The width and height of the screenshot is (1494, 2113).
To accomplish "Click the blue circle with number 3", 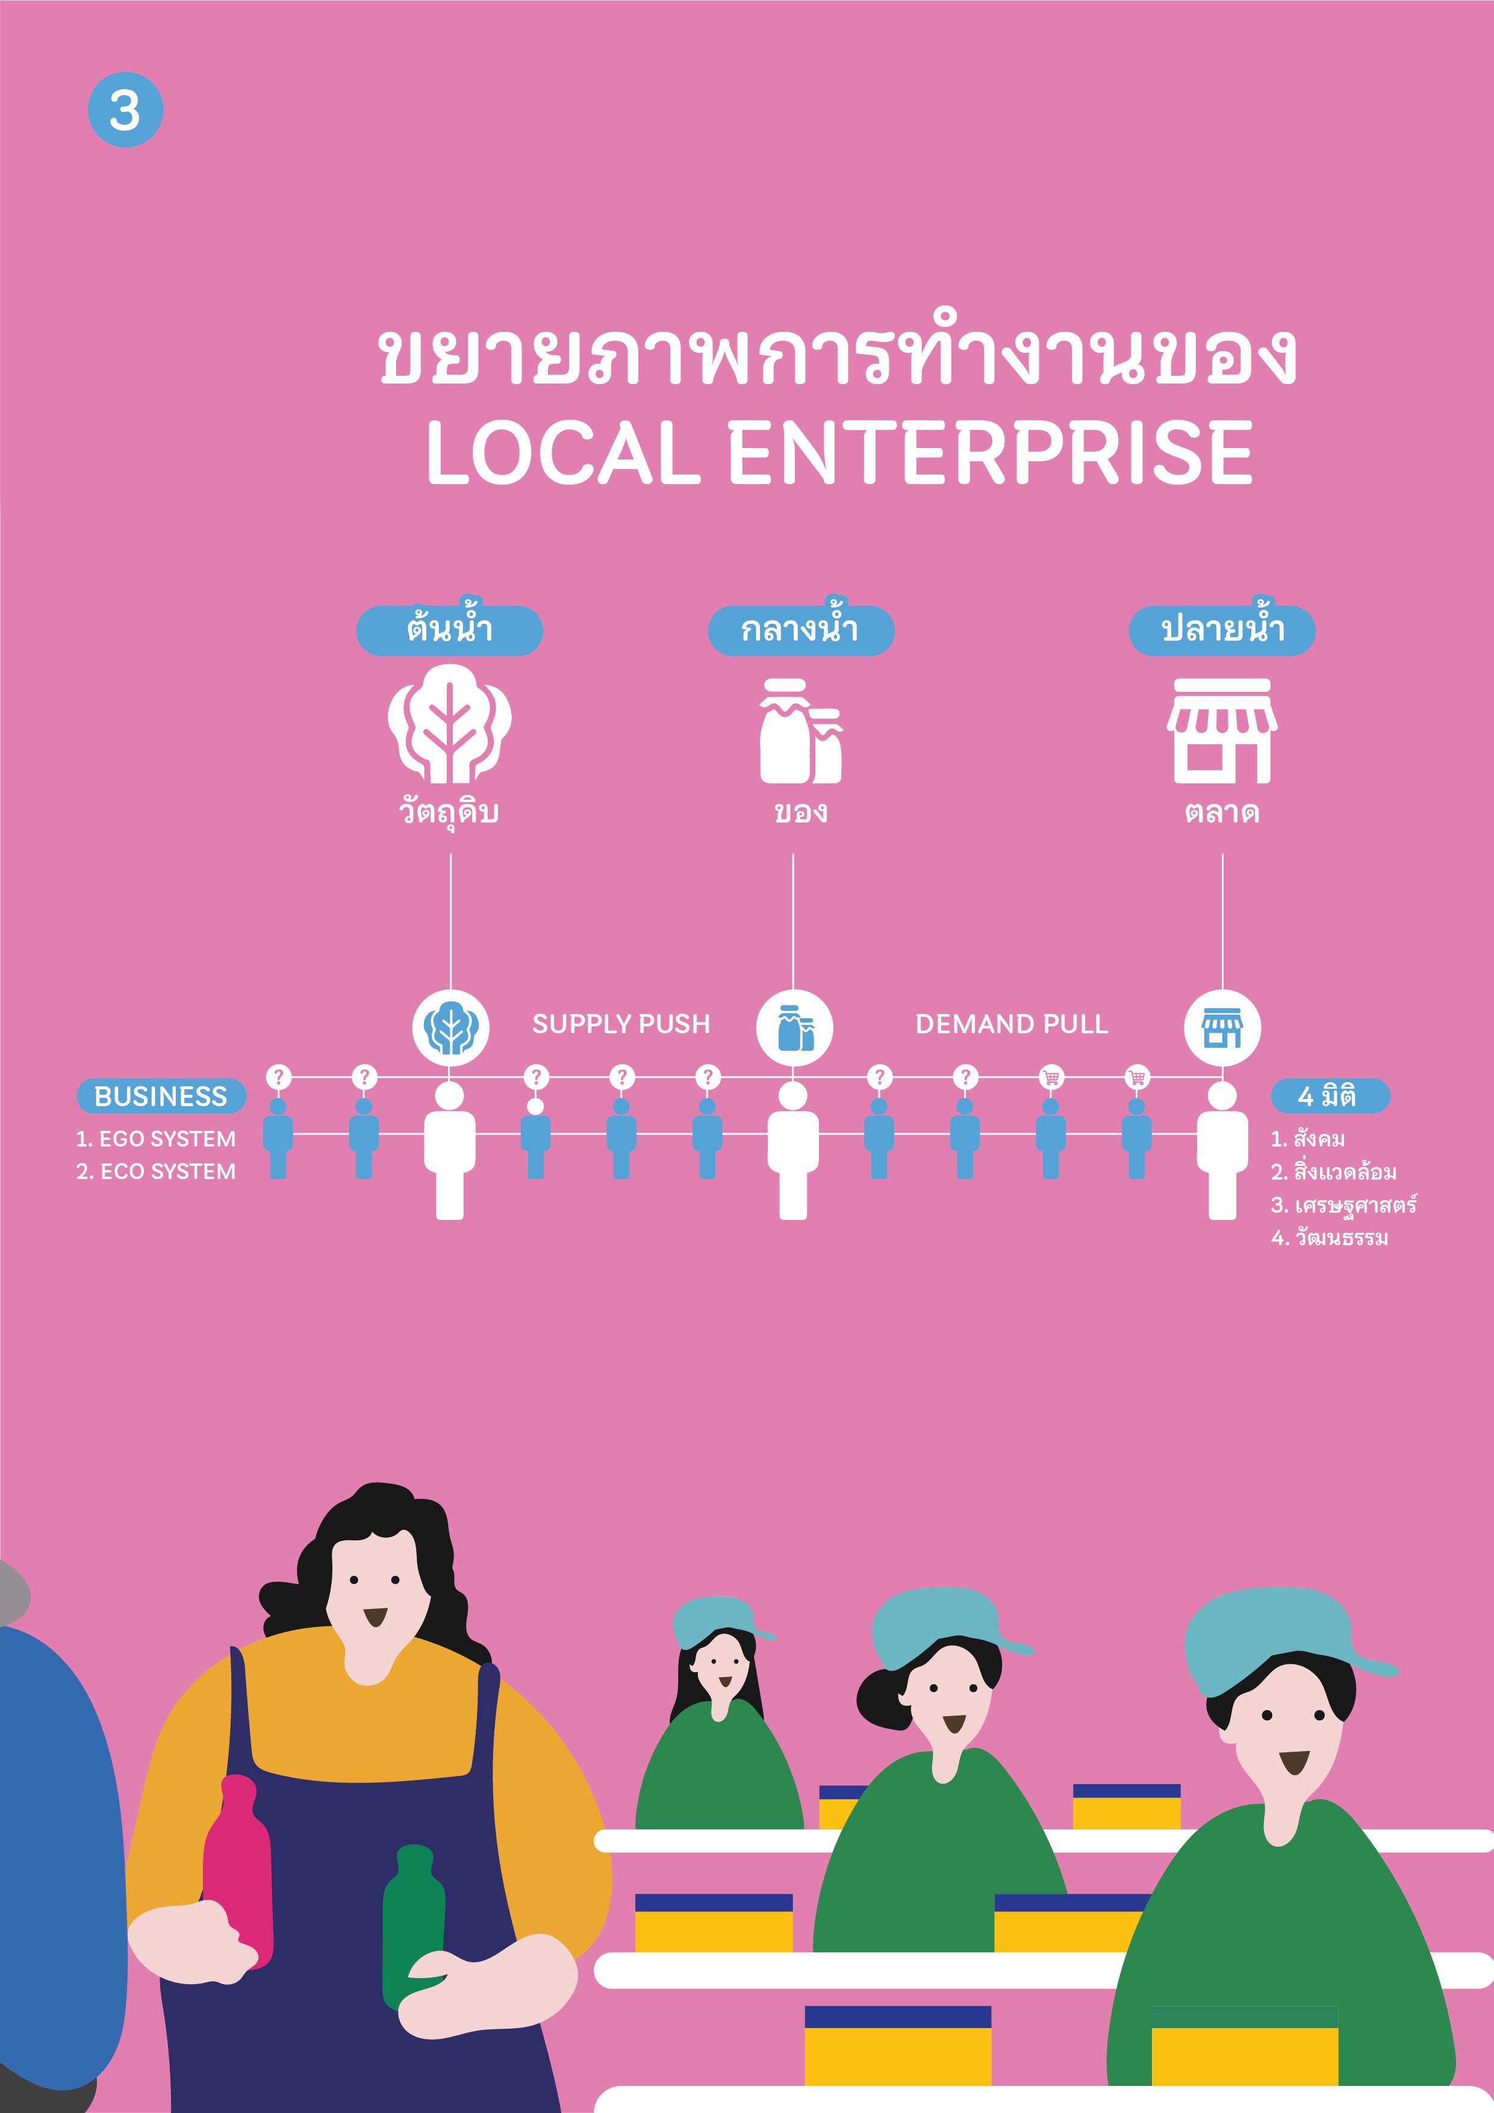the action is pyautogui.click(x=125, y=110).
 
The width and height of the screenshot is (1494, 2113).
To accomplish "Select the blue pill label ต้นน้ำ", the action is pyautogui.click(x=449, y=630).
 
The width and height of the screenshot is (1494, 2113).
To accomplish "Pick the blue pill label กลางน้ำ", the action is pyautogui.click(x=800, y=630).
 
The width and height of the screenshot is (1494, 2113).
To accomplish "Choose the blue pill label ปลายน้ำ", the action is pyautogui.click(x=1222, y=630).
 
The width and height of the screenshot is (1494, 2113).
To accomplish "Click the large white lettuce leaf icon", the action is pyautogui.click(x=449, y=724).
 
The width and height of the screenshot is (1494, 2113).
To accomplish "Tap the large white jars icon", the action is pyautogui.click(x=800, y=732).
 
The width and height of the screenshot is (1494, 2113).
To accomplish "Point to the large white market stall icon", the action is pyautogui.click(x=1222, y=732).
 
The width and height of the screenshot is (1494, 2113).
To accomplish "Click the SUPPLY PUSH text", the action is pyautogui.click(x=621, y=1024).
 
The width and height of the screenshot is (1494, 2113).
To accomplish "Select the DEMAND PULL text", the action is pyautogui.click(x=1012, y=1024).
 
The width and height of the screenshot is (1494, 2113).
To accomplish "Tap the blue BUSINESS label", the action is pyautogui.click(x=161, y=1096).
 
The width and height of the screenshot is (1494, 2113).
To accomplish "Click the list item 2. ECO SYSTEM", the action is pyautogui.click(x=155, y=1172).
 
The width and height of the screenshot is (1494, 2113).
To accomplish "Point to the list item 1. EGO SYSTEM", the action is pyautogui.click(x=155, y=1139).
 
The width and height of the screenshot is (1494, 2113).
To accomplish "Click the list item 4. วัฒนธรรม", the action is pyautogui.click(x=1329, y=1238).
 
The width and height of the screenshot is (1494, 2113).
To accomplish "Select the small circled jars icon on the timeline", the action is pyautogui.click(x=794, y=1028).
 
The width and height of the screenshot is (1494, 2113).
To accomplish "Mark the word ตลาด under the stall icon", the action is pyautogui.click(x=1222, y=812).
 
